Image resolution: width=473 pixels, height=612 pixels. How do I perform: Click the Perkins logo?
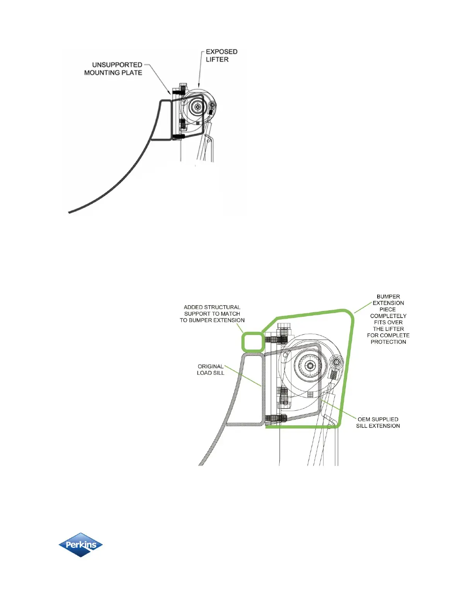click(80, 545)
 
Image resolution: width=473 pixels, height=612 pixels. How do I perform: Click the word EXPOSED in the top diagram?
click(221, 52)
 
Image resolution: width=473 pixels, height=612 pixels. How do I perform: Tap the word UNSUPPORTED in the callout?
click(117, 65)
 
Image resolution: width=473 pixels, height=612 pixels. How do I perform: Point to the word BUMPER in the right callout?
click(388, 297)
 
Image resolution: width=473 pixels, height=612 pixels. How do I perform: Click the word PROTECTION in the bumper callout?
click(388, 342)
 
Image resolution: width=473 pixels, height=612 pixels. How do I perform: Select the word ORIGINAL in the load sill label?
click(211, 366)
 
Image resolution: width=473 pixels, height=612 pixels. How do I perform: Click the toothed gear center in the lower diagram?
click(310, 365)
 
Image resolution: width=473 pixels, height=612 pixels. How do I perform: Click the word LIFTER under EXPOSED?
click(217, 59)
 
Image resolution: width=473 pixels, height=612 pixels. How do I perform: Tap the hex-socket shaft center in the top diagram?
click(198, 107)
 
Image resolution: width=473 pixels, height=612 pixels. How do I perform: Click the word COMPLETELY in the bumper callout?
click(388, 316)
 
